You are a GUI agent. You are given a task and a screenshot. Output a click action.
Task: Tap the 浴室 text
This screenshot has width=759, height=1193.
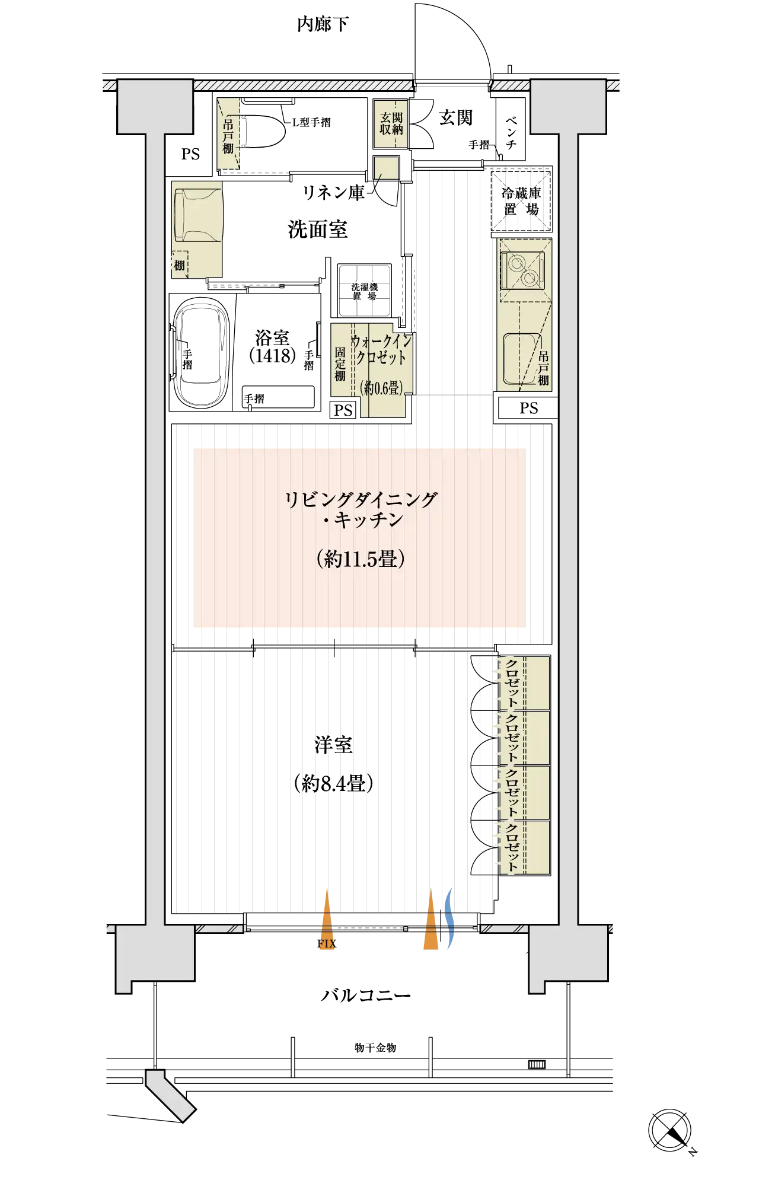tap(272, 338)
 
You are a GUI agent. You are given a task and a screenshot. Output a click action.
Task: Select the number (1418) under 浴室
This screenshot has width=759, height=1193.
tap(272, 356)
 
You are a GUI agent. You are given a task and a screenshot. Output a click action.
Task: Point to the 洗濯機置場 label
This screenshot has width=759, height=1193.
tap(364, 292)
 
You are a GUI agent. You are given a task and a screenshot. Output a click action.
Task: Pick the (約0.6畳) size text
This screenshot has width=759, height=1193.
tap(381, 388)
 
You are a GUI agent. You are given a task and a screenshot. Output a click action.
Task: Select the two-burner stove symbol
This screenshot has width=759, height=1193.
tap(522, 269)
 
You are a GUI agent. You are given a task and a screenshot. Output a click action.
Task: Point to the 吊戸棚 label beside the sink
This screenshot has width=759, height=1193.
tap(543, 368)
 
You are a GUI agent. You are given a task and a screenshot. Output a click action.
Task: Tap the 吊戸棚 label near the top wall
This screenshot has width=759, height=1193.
tap(228, 136)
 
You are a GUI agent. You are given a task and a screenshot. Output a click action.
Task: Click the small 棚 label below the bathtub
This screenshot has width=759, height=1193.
tap(179, 265)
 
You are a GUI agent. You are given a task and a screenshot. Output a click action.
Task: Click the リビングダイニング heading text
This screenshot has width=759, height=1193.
tap(361, 500)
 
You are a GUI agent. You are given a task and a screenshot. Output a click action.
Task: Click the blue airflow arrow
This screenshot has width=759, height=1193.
tap(449, 920)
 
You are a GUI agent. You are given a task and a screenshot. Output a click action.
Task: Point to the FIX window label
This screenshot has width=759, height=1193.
tap(327, 943)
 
